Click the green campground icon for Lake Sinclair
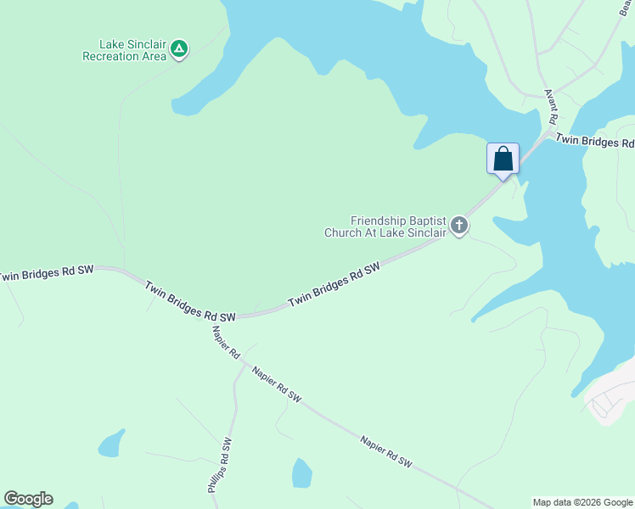pyautogui.click(x=179, y=48)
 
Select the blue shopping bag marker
pyautogui.click(x=503, y=158)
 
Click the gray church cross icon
pyautogui.click(x=459, y=226)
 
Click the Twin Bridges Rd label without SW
pyautogui.click(x=594, y=142)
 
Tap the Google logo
pyautogui.click(x=28, y=499)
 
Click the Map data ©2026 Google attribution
pyautogui.click(x=582, y=502)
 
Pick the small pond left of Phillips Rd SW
pyautogui.click(x=111, y=443)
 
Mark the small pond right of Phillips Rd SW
pyautogui.click(x=301, y=473)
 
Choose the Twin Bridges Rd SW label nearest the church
pyautogui.click(x=333, y=284)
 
